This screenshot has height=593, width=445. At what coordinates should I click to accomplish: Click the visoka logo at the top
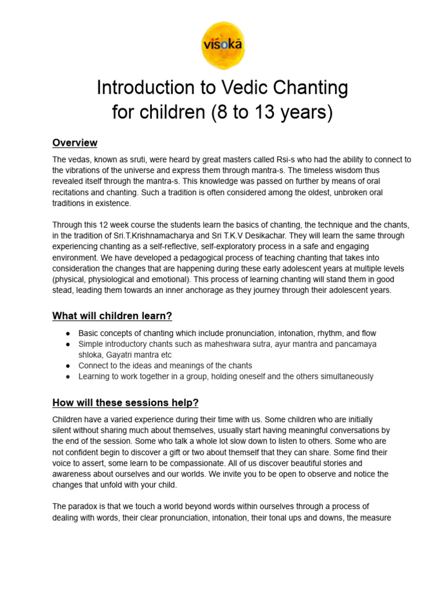(222, 45)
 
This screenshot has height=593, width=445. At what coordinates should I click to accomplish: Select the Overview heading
(75, 143)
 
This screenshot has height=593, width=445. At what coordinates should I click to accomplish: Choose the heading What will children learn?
(112, 316)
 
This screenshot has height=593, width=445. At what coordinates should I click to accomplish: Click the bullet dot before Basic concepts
(68, 334)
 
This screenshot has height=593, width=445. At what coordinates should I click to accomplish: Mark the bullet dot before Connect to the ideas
(68, 366)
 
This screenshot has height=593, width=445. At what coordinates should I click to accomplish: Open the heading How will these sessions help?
(125, 402)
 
